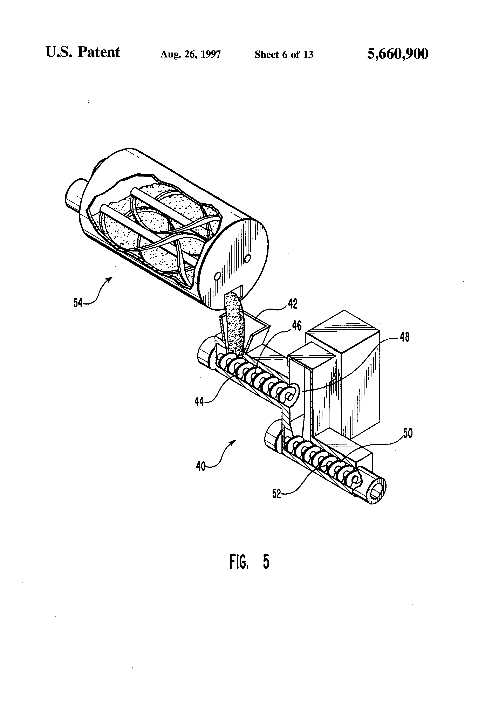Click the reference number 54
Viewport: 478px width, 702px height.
point(78,302)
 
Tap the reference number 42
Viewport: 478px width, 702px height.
point(293,304)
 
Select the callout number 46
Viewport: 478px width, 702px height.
point(296,326)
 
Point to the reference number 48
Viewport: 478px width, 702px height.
point(405,337)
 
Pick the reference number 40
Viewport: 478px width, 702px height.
point(201,466)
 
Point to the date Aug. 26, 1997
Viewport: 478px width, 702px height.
point(190,54)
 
